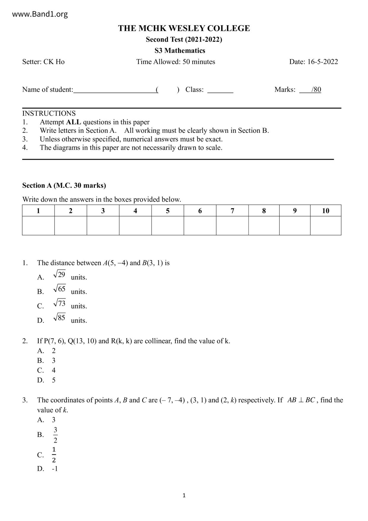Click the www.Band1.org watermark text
point(40,14)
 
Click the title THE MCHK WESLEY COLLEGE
point(184,28)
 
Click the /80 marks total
point(316,90)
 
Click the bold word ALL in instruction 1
point(73,122)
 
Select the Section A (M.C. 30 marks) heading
point(64,185)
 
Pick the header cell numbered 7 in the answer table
point(232,211)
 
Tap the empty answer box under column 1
point(38,225)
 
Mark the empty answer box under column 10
point(326,225)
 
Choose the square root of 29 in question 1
point(59,274)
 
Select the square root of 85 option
point(59,318)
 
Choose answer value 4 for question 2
point(54,370)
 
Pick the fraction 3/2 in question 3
point(55,435)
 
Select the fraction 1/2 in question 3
point(54,455)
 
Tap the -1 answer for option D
point(55,469)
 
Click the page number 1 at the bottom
point(184,495)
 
